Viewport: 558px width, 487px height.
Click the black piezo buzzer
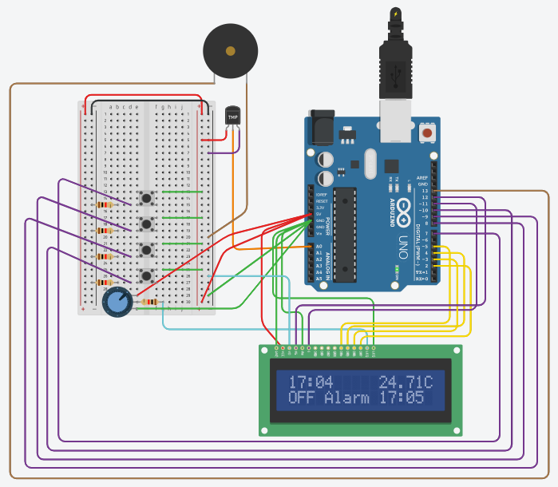coord(230,51)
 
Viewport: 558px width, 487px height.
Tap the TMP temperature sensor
coord(233,118)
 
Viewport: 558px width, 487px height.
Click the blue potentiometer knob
coord(118,302)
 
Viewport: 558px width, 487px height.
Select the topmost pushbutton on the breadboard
coord(146,198)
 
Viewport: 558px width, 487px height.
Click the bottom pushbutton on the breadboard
coord(146,276)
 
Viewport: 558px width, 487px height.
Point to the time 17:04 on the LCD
coord(311,381)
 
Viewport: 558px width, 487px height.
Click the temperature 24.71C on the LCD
coord(406,381)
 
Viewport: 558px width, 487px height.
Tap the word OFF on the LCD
coord(303,397)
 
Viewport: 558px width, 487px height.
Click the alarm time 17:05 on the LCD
coord(401,397)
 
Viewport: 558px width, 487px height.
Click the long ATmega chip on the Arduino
coord(346,235)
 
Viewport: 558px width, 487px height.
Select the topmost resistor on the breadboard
coord(105,204)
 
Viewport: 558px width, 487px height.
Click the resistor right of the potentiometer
coord(149,302)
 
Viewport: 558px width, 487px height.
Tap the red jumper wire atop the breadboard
coord(144,99)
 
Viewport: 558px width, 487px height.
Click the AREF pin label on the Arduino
coord(422,177)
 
